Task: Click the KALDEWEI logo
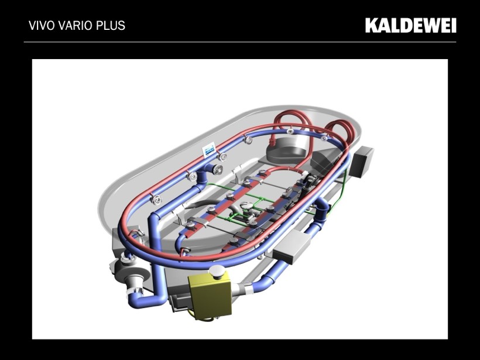point(410,25)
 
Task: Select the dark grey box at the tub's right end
point(362,161)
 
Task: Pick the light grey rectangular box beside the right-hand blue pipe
point(292,246)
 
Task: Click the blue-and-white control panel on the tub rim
point(209,150)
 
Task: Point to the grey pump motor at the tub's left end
point(125,269)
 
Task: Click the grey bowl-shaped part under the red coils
point(286,149)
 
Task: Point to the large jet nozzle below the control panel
point(218,169)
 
